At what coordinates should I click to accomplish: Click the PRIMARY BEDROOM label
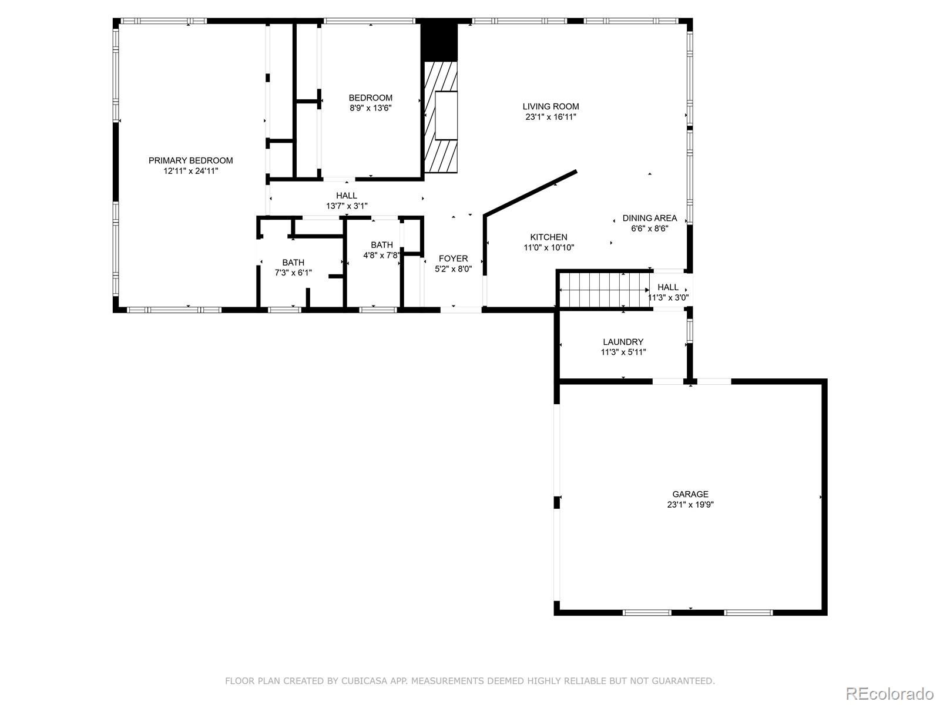tap(190, 160)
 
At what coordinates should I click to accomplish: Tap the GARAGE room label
tap(690, 494)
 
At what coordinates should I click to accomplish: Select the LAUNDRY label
tap(623, 341)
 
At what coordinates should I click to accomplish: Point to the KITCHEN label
tap(549, 237)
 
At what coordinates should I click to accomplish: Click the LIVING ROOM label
tap(550, 106)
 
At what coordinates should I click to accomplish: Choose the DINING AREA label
tap(650, 218)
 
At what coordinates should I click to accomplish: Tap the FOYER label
tap(453, 258)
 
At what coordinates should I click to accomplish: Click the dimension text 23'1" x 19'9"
tap(690, 505)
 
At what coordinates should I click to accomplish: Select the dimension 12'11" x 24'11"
tap(190, 171)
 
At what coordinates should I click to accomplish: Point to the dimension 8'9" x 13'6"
tap(371, 108)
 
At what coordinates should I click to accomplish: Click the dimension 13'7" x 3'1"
tap(347, 206)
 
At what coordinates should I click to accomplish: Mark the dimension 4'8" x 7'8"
tap(381, 256)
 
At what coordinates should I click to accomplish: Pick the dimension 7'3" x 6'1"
tap(293, 273)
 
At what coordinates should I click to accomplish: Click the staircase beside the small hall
tap(605, 290)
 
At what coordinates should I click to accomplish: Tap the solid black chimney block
tap(439, 42)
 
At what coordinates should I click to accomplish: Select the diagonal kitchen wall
tap(530, 193)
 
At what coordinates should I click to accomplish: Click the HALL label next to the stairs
tap(667, 287)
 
